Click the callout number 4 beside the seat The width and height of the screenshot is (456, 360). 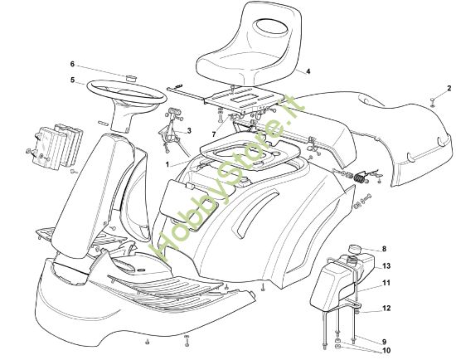point(308,71)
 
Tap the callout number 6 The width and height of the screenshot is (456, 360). point(72,64)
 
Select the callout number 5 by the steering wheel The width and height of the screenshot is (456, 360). point(72,80)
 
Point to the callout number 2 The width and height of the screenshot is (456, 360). point(449,88)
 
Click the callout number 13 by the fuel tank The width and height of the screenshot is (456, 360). point(386,266)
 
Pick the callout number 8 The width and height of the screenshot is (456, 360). point(384,249)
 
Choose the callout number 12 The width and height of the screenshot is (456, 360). point(386,309)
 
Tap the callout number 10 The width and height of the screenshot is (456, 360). point(386,351)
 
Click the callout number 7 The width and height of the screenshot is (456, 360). point(214,134)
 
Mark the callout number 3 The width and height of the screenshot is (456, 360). point(189,131)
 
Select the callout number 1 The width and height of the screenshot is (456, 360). point(167,165)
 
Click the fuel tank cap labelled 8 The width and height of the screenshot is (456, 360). point(355,250)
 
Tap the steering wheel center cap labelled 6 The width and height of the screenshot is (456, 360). point(133,78)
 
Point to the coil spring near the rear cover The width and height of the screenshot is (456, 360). point(360,178)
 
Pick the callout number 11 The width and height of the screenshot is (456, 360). point(386,283)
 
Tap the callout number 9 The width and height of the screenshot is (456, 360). point(384,342)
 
